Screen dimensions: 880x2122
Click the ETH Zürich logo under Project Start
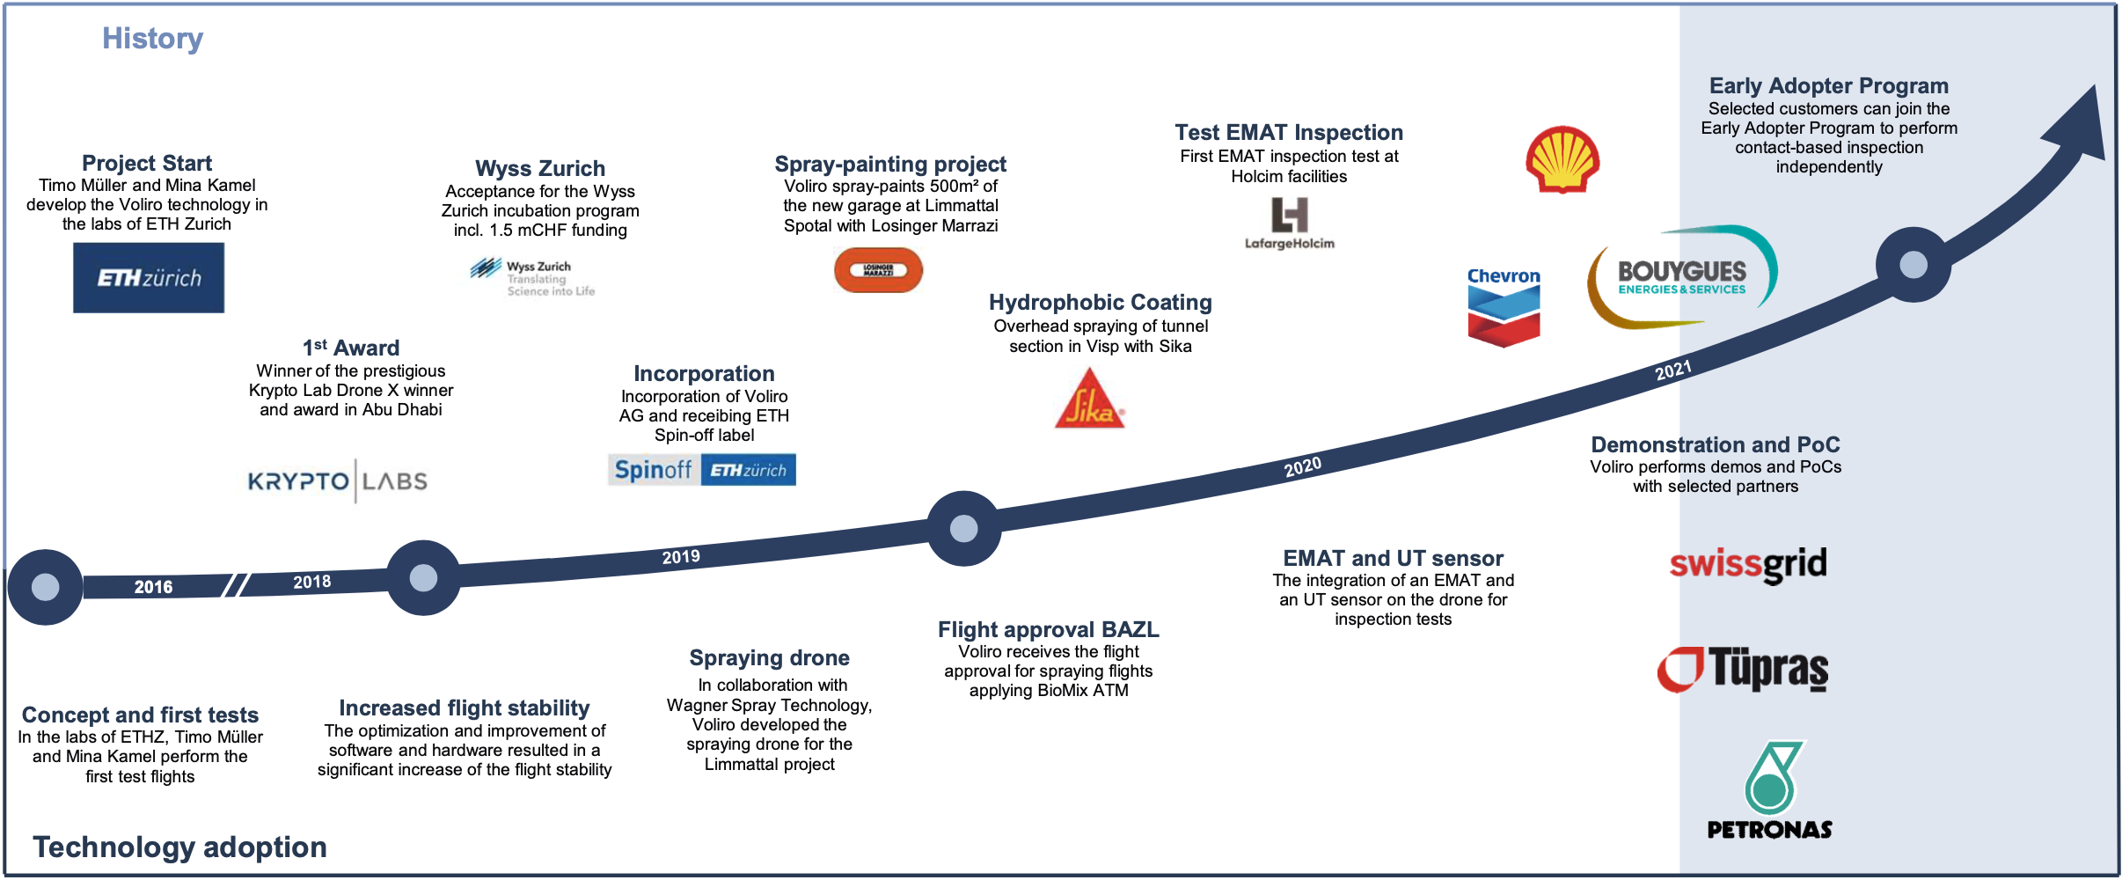coord(149,278)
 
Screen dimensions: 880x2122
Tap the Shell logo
coord(1562,159)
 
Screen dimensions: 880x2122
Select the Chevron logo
coord(1504,306)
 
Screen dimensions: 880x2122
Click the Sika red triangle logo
coord(1089,401)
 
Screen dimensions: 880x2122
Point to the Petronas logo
coord(1770,790)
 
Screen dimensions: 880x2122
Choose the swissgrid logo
coord(1747,565)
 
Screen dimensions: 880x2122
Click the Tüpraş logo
coord(1743,670)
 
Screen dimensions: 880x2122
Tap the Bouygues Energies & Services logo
coord(1682,276)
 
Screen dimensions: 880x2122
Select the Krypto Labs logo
coord(338,481)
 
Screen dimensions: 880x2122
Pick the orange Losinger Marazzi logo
coord(878,270)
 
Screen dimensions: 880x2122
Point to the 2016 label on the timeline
coord(153,587)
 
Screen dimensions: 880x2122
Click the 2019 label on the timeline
coord(681,557)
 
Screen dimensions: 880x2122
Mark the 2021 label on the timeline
coord(1672,370)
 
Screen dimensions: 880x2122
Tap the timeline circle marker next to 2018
coord(423,578)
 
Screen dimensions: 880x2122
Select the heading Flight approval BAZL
coord(1048,630)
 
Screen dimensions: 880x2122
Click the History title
coord(152,39)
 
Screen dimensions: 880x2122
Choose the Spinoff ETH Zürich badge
coord(702,470)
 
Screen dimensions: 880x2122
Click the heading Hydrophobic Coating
coord(1100,303)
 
